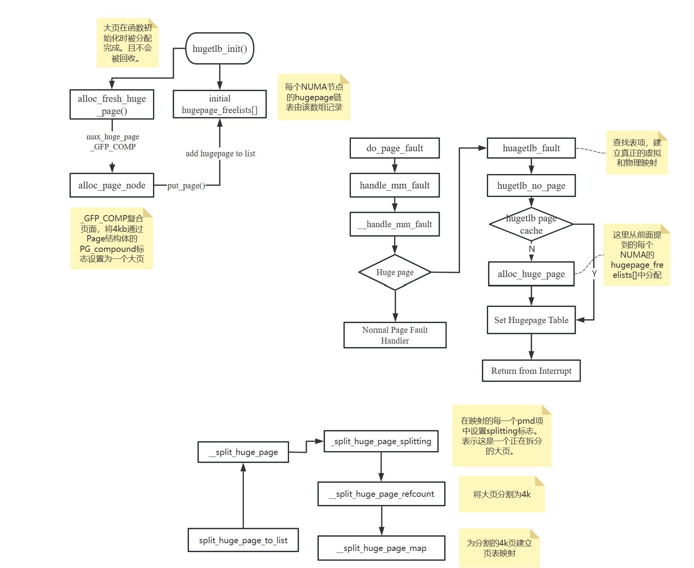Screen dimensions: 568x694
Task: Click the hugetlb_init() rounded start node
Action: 219,48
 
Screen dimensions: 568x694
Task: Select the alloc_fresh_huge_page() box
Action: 112,104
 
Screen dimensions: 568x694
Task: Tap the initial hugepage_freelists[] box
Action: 219,104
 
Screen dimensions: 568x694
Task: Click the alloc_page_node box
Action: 112,185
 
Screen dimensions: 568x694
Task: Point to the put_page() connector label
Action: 186,186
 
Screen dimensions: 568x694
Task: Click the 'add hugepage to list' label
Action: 220,154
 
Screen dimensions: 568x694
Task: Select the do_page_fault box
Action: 395,148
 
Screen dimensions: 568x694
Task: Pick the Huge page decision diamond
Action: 395,272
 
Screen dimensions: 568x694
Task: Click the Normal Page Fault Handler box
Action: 395,335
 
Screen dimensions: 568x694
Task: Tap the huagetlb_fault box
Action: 531,148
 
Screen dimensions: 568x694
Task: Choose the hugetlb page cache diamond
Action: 531,224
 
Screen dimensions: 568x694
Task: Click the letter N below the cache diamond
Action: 532,249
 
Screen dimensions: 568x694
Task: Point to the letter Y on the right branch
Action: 594,274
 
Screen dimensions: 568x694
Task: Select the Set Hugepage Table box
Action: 531,320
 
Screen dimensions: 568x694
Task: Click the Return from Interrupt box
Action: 531,371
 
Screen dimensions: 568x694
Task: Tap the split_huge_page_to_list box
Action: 243,540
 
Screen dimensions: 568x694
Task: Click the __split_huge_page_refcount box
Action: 381,494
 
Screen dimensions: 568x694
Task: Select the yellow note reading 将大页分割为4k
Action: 502,494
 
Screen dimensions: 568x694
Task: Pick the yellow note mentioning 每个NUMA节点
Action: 314,97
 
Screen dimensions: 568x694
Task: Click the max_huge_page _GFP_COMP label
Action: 113,142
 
